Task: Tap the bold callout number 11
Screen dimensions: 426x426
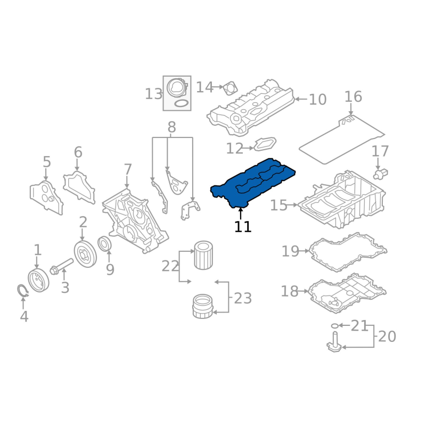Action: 243,227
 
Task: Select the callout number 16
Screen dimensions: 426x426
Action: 353,97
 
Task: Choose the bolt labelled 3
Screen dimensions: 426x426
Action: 62,267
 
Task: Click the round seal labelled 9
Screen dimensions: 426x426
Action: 104,244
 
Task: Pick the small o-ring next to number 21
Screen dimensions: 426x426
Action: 335,325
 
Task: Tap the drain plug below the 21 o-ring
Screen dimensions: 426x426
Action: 334,342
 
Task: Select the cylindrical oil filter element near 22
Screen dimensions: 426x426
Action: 203,256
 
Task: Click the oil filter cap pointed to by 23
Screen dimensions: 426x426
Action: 203,306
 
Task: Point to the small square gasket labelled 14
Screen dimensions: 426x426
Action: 231,88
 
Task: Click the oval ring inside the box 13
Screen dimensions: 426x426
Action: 181,103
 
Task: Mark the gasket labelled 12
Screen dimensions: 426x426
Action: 265,144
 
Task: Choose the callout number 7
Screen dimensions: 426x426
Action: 128,169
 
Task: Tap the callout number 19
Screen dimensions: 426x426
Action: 290,251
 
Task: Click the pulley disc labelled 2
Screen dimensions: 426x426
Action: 85,254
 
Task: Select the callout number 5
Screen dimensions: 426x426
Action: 47,162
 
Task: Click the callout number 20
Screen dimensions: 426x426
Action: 387,337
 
